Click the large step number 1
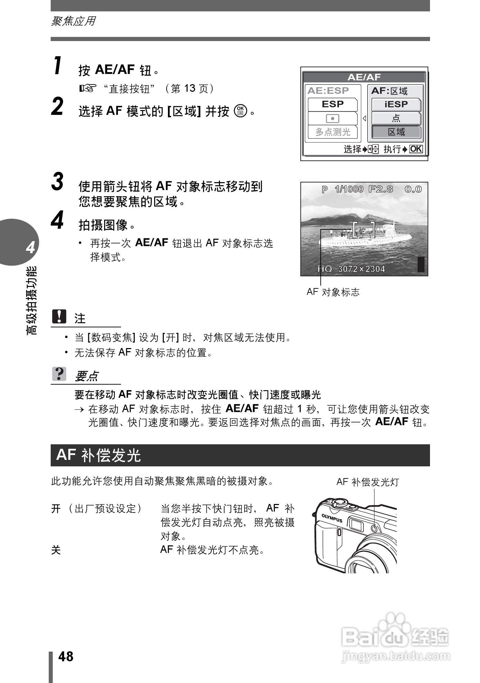point(58,65)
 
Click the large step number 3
point(58,181)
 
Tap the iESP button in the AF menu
point(396,104)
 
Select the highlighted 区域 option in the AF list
point(396,132)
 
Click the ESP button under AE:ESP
point(332,104)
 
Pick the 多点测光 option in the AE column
point(332,132)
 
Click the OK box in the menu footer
point(416,149)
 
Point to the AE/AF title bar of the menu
point(364,77)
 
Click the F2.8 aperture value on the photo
point(380,189)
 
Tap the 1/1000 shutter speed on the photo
point(349,189)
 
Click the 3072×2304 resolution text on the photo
point(361,269)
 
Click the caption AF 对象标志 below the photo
point(333,292)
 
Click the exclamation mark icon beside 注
point(59,316)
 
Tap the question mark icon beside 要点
point(59,374)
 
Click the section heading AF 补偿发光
point(99,455)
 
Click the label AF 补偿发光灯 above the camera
point(367,482)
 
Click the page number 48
point(66,656)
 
